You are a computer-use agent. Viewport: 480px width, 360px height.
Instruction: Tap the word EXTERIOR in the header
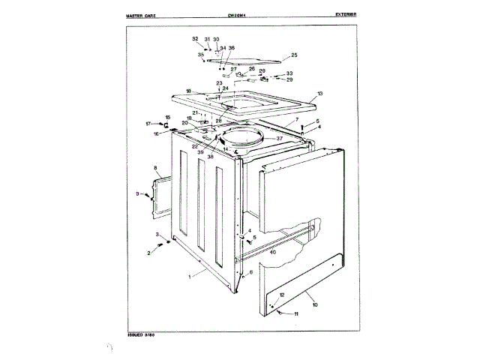350,15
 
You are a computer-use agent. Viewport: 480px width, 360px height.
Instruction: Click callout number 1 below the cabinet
190,277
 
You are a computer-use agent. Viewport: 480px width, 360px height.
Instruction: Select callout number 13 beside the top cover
319,94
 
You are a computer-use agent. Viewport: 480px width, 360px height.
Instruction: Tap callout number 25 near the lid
294,55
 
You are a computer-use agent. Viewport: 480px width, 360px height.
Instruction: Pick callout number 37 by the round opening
279,139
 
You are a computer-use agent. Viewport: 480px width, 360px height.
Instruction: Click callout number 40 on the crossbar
273,253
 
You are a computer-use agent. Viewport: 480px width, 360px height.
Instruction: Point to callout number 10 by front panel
315,304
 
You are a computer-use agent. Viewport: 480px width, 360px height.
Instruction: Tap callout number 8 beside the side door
155,168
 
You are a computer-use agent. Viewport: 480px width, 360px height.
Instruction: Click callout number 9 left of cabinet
138,194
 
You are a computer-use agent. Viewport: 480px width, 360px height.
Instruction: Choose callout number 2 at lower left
148,253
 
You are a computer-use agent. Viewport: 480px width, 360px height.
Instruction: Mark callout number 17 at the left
148,123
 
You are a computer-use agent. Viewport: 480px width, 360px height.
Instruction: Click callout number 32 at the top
195,38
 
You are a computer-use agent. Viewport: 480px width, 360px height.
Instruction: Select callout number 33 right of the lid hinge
289,73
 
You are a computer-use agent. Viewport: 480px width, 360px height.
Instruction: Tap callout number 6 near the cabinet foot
251,271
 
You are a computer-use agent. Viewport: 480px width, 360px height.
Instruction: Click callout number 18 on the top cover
189,91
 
